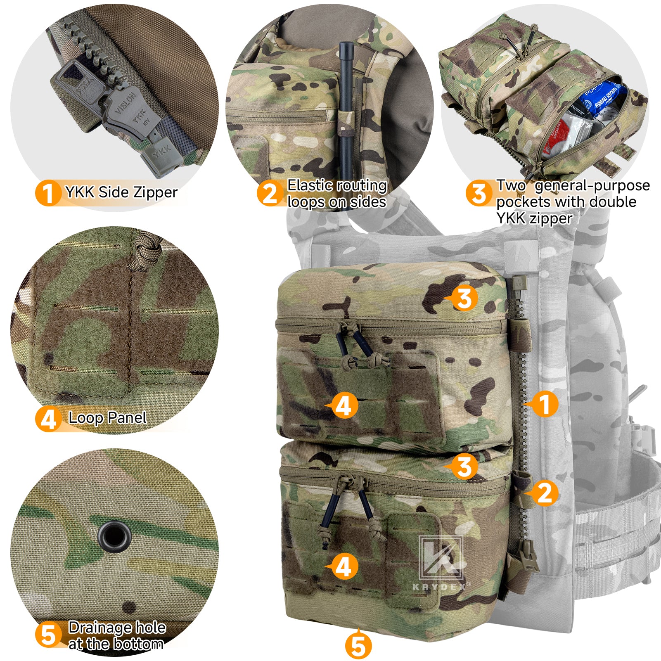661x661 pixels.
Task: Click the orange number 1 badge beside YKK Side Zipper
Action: click(48, 193)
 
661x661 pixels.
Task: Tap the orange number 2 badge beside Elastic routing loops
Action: click(270, 193)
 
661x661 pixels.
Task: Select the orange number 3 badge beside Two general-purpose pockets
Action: click(479, 193)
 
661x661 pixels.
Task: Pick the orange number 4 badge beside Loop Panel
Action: click(48, 419)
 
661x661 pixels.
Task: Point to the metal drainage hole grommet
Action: click(115, 537)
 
